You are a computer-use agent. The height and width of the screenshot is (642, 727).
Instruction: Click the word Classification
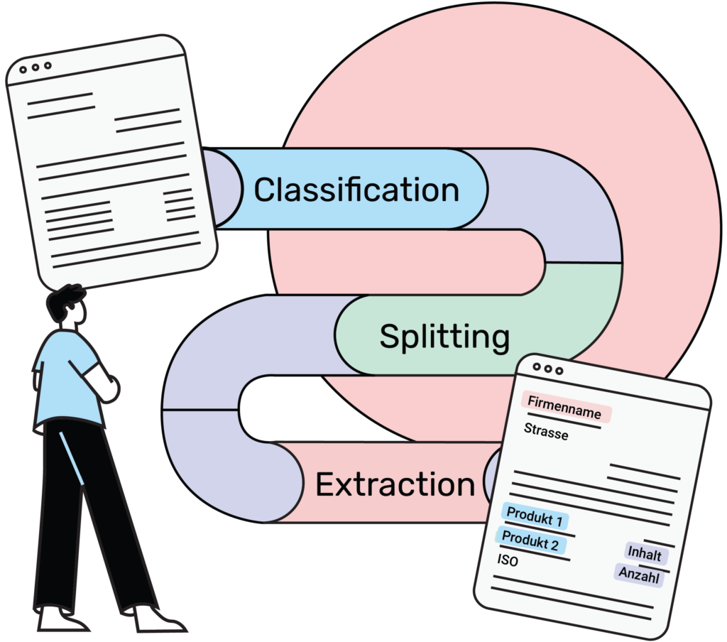pos(356,190)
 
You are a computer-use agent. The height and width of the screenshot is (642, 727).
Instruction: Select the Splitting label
pos(444,336)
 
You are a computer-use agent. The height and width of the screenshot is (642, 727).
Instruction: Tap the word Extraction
pos(395,484)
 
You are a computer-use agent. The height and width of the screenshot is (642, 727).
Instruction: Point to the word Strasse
pos(546,430)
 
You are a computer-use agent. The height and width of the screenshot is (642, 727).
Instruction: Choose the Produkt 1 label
pos(533,517)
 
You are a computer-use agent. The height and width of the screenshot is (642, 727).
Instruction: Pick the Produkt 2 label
pos(530,541)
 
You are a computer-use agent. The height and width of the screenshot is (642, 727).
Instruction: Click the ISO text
pos(508,561)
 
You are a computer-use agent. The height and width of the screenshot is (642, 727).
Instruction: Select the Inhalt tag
pos(645,553)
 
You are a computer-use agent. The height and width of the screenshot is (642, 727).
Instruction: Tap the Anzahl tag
pos(639,575)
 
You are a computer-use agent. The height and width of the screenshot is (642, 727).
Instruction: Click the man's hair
pos(64,298)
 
